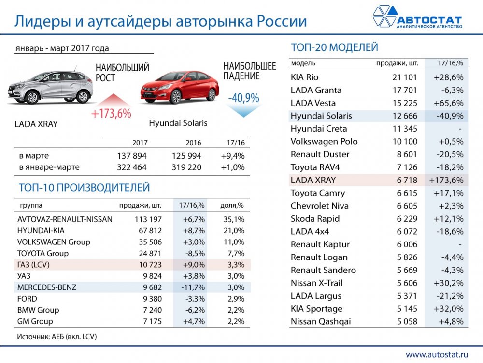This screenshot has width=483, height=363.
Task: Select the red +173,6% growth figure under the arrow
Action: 112,114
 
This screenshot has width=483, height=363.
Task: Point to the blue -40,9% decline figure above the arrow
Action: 243,97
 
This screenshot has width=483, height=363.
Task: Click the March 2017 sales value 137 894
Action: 131,156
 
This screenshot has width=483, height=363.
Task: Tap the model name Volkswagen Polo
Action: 324,142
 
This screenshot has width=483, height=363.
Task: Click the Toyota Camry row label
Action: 318,193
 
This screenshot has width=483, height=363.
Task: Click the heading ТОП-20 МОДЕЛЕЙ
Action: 334,47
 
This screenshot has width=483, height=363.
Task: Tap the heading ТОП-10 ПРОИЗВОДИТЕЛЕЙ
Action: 84,188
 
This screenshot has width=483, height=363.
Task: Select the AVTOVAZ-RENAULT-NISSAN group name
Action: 65,219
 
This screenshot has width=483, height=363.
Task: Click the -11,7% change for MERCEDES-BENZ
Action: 193,287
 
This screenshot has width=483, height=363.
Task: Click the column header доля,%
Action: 232,205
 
